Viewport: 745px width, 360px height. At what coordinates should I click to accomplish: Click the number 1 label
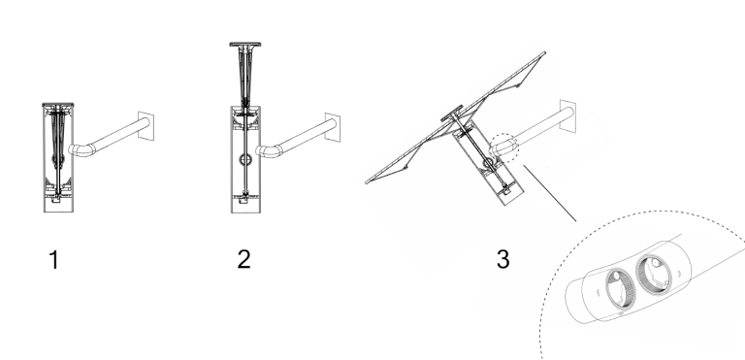54,260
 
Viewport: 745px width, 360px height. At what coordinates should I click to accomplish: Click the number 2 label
243,260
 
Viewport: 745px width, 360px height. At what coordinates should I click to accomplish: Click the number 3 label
503,259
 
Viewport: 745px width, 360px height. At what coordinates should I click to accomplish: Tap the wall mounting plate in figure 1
146,126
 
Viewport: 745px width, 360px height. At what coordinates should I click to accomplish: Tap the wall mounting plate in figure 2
333,127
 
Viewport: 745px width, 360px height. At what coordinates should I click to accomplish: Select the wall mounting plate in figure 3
567,116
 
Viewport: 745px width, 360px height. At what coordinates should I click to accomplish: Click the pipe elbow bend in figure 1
81,150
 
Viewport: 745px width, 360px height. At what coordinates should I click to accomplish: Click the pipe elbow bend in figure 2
268,151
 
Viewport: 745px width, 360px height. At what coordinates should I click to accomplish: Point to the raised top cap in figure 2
245,45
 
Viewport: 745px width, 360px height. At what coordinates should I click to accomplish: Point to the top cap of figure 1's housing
58,105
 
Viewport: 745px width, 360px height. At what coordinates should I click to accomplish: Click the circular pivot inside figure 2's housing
245,159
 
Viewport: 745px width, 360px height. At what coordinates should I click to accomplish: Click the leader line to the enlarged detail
550,193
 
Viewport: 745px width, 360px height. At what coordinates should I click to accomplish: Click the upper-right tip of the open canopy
544,52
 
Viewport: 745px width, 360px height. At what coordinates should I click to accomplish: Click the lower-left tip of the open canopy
367,181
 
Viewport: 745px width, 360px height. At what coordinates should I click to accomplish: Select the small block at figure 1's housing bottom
56,199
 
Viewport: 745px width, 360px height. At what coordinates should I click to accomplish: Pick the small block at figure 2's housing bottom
243,200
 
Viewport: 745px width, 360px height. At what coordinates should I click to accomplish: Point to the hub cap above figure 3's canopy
452,113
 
